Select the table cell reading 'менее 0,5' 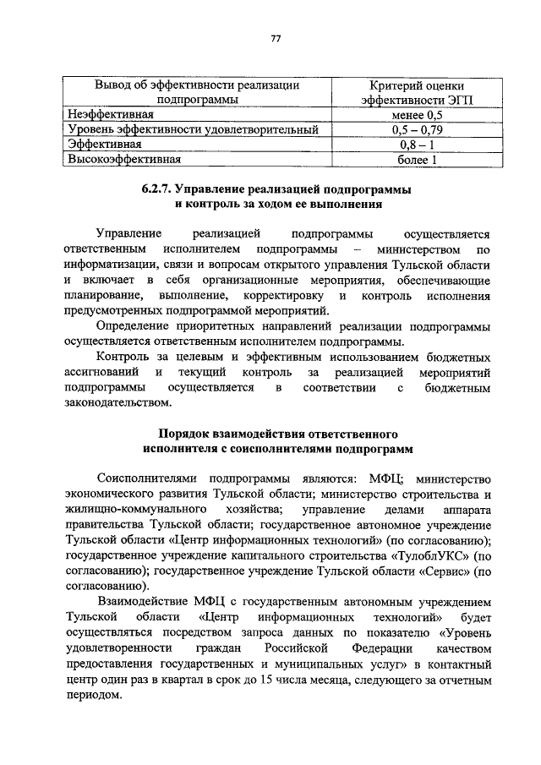coord(412,115)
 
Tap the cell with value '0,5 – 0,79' coord(412,130)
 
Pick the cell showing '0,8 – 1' coord(412,145)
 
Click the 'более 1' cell coord(412,159)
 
